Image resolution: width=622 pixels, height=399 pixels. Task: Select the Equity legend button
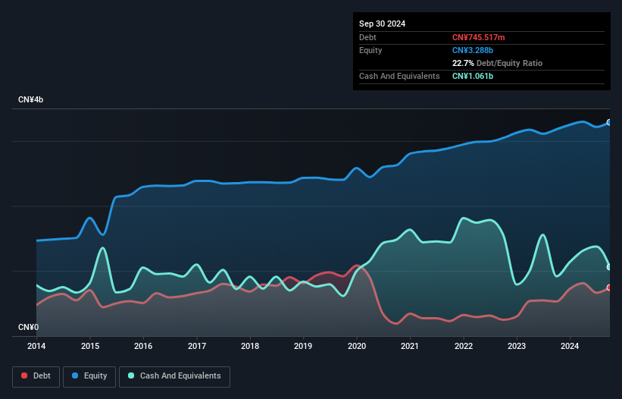89,375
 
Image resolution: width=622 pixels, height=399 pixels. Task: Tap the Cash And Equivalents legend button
174,375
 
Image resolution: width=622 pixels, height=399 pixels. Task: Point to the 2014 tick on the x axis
36,346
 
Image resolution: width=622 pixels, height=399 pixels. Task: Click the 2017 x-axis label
197,346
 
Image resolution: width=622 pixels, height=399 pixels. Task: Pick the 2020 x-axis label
357,346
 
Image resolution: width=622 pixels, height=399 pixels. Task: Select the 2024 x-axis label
570,346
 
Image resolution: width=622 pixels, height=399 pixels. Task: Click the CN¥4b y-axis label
31,100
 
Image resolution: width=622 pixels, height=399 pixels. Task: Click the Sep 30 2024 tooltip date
382,24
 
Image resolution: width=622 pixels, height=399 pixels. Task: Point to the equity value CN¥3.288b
474,50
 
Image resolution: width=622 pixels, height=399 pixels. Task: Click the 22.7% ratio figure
464,63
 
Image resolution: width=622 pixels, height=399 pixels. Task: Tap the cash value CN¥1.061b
473,76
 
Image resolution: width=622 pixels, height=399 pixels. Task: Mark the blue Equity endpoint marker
609,122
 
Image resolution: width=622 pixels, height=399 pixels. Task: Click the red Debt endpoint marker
609,287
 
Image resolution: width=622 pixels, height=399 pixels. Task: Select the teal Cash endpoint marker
609,267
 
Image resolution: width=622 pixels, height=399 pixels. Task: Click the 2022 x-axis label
464,346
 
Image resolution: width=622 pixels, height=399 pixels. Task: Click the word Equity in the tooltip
370,50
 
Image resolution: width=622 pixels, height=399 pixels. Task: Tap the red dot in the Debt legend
25,375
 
